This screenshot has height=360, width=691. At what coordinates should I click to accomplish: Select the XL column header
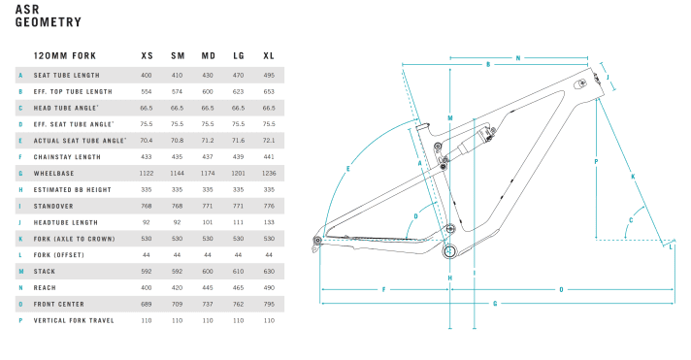click(x=268, y=55)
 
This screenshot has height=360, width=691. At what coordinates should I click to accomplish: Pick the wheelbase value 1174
click(x=208, y=173)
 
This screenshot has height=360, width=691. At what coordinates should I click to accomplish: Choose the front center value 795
click(x=269, y=304)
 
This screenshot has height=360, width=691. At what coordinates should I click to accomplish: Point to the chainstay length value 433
click(x=147, y=156)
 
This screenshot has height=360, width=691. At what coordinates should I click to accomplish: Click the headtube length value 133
click(x=269, y=222)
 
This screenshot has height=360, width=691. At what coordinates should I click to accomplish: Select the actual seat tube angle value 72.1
click(x=269, y=140)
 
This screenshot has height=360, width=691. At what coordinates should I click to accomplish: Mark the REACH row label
click(x=45, y=287)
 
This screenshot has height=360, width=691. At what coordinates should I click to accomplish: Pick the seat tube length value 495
click(x=269, y=75)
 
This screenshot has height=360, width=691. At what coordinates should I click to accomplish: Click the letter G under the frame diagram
click(x=496, y=304)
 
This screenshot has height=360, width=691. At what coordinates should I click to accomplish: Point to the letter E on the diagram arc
click(x=346, y=170)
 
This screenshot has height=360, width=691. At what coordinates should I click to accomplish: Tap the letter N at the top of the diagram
click(x=517, y=59)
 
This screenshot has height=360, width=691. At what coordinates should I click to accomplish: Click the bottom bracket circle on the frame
click(x=450, y=251)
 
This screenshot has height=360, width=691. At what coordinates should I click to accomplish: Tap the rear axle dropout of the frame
click(x=318, y=240)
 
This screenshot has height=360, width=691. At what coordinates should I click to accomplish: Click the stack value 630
click(x=269, y=271)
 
